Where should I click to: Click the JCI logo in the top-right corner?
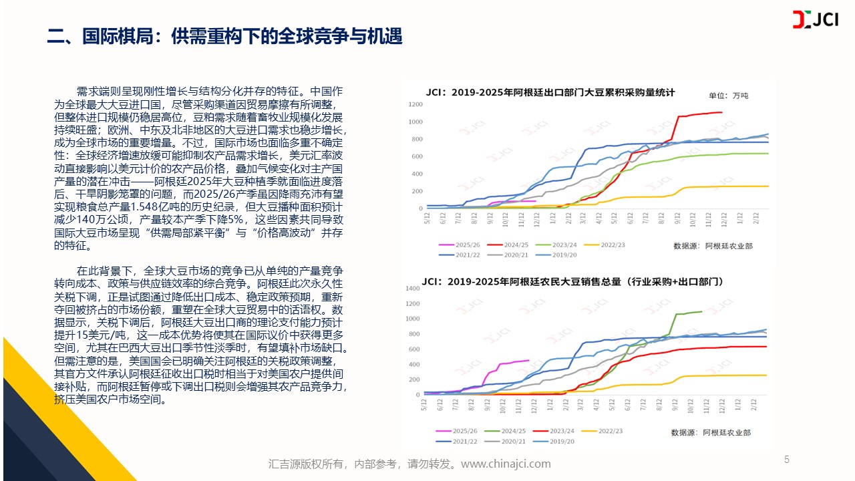815,20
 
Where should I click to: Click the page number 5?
787,460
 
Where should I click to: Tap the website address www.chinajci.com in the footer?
506,464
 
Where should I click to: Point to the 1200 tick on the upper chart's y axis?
415,104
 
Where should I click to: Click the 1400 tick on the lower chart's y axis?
412,289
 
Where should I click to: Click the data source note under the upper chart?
713,246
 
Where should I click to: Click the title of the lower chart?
572,282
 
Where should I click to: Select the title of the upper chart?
551,92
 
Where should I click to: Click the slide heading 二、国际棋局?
224,36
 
